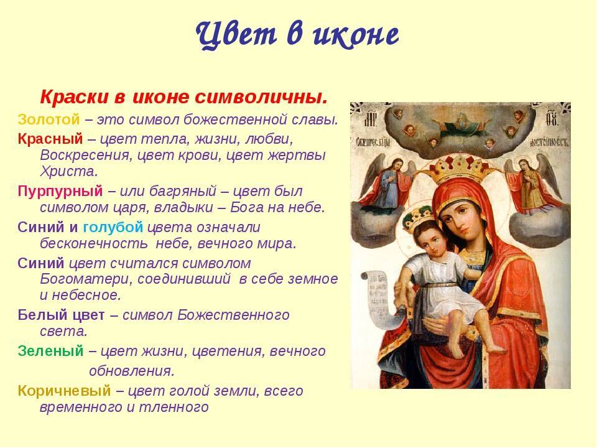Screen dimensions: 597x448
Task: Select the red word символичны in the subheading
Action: point(261,98)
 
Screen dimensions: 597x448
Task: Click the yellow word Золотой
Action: point(49,119)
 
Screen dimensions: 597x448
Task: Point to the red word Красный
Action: point(50,139)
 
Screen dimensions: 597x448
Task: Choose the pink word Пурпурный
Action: point(60,191)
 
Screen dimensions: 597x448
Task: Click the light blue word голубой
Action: point(113,227)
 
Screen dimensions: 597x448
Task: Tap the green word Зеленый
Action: point(50,350)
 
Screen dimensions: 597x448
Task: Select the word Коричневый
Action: point(64,391)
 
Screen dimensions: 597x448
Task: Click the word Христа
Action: point(69,172)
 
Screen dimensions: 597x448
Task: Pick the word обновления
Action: point(132,371)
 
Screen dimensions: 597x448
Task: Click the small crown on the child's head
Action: point(417,217)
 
